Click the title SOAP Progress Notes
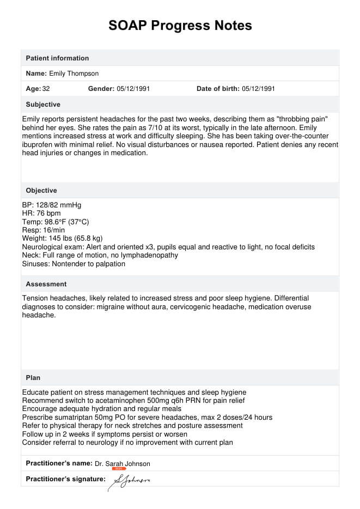(180, 26)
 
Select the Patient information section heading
(57, 58)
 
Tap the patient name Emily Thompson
(74, 73)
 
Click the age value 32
(46, 89)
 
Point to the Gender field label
(101, 89)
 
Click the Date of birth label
(218, 89)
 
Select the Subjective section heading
(43, 105)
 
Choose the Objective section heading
(41, 191)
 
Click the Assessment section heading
(46, 284)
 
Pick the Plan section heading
(33, 378)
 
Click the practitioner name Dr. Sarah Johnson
(123, 464)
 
